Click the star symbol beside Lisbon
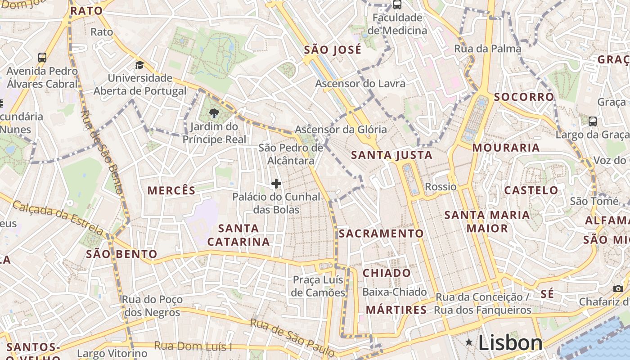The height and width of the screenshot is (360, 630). (469, 342)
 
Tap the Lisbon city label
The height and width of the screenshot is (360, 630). (510, 343)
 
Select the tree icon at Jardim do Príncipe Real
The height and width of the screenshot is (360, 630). (214, 114)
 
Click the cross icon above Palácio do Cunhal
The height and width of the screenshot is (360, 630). (276, 184)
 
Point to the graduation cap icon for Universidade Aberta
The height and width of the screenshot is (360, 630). (139, 65)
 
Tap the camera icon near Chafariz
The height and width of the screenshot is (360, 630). (618, 288)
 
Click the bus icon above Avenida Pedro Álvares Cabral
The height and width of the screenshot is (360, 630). (42, 58)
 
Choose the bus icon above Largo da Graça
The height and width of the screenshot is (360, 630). (593, 121)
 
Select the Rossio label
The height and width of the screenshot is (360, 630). (441, 187)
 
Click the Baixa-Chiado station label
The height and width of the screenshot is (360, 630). (394, 292)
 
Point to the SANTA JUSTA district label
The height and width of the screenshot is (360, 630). (391, 156)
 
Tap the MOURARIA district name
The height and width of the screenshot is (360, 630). (506, 148)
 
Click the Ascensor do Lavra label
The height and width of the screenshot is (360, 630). (360, 84)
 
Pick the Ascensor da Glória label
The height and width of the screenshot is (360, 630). (341, 130)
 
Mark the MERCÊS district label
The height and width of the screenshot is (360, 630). (171, 191)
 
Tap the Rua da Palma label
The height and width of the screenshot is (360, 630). (488, 49)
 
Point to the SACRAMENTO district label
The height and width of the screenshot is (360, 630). (381, 234)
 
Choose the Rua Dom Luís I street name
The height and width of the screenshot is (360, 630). (193, 346)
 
